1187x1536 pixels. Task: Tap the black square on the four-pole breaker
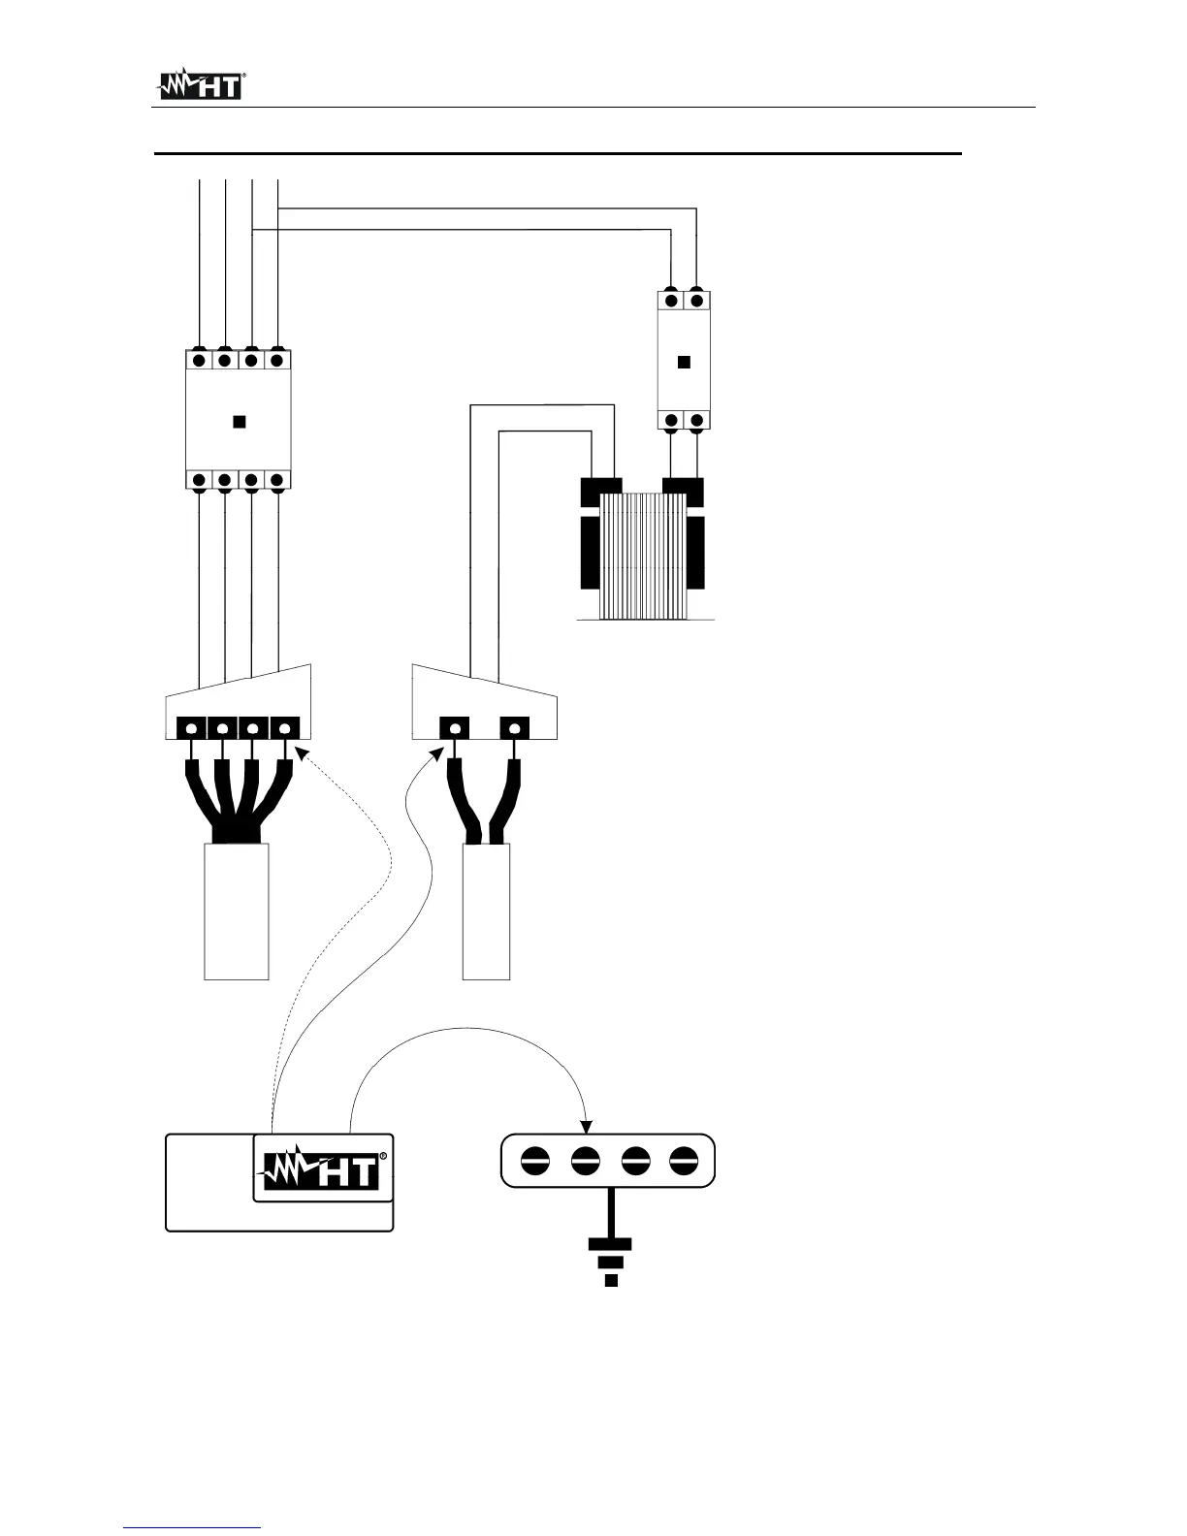[x=239, y=422]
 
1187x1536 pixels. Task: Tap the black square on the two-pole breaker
[x=684, y=362]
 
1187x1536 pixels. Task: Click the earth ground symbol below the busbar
[x=610, y=1261]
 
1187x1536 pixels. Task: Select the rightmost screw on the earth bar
[x=684, y=1159]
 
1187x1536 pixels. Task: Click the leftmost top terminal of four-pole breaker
[x=199, y=360]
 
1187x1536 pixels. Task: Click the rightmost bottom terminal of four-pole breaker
[x=277, y=480]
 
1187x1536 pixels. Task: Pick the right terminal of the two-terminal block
[x=514, y=727]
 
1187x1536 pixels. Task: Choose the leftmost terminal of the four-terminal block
[x=191, y=727]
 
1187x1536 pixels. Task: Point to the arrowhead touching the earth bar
[x=587, y=1126]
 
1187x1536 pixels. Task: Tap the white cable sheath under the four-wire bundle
[x=237, y=912]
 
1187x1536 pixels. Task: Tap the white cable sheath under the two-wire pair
[x=487, y=912]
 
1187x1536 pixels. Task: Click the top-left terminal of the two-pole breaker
[x=671, y=301]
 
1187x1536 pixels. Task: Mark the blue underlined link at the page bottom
[x=193, y=1528]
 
